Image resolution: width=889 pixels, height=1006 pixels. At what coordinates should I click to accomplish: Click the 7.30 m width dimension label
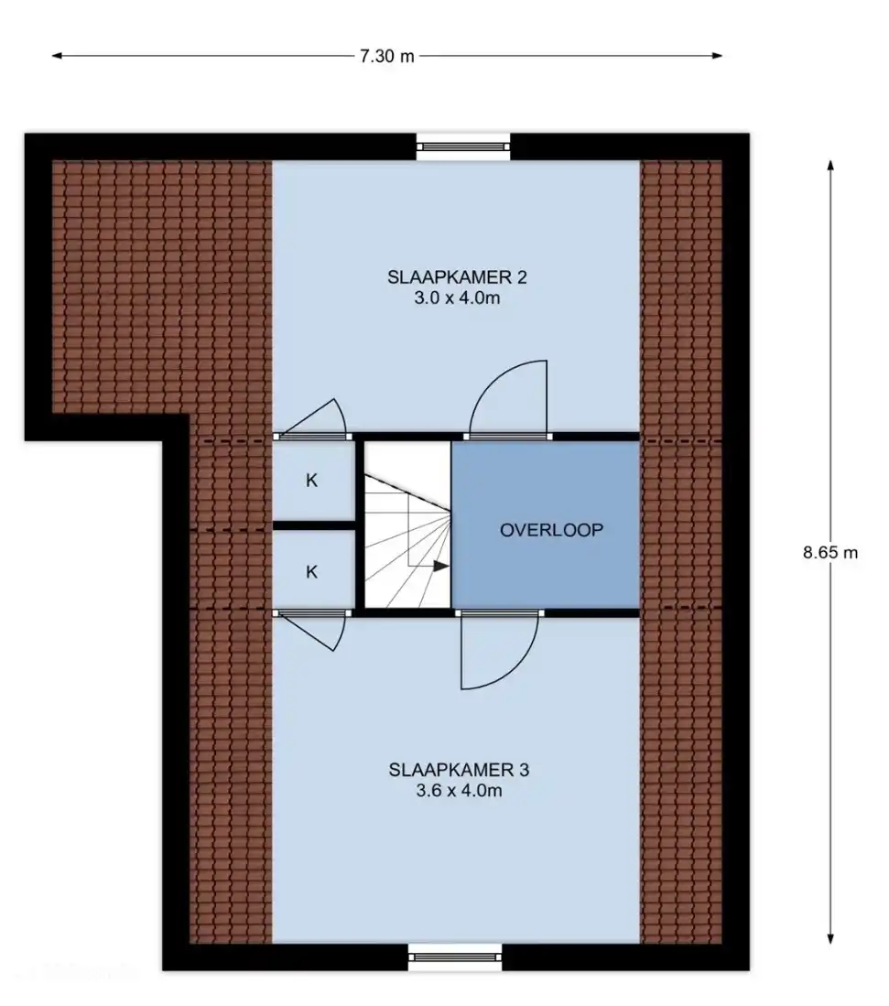(386, 57)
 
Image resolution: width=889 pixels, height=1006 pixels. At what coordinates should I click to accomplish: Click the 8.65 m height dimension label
(830, 552)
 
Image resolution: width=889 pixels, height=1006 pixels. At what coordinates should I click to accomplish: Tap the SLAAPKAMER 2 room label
(457, 277)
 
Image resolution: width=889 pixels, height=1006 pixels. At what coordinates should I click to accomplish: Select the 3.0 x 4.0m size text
(457, 297)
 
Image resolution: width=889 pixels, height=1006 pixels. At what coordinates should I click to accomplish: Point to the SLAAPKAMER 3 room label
(459, 770)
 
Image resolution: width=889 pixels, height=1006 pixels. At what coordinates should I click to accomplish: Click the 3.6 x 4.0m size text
(459, 791)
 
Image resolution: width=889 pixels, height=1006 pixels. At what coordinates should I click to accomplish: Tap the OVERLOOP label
(551, 530)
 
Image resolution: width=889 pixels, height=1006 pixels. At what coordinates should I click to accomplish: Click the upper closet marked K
(312, 480)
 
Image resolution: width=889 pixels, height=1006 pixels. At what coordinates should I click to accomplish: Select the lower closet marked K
(312, 571)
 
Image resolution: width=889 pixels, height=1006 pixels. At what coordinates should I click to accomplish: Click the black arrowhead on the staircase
(441, 566)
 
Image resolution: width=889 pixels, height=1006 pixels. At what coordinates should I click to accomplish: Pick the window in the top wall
(462, 147)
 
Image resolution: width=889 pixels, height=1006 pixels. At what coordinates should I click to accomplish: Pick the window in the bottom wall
(456, 957)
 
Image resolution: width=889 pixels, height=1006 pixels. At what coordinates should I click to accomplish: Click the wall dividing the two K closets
(314, 525)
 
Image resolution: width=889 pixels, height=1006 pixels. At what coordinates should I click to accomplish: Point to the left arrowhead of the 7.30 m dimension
(57, 56)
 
